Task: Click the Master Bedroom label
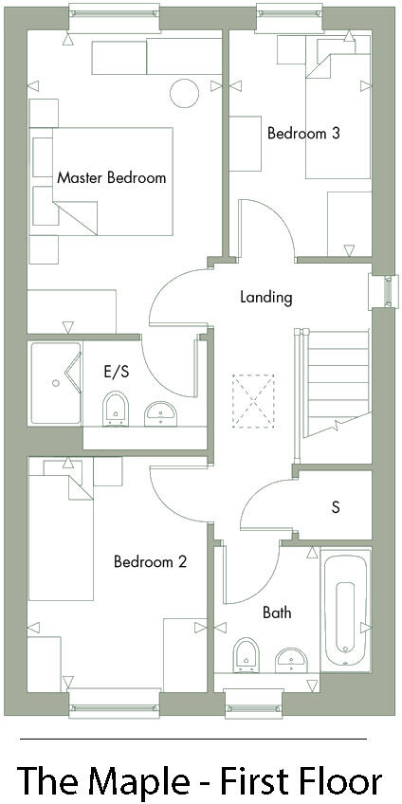click(111, 177)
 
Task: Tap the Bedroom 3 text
click(302, 134)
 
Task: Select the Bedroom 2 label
click(150, 561)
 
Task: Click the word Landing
click(265, 297)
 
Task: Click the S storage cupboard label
click(335, 507)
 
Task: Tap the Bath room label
click(277, 612)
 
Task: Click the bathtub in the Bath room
click(344, 610)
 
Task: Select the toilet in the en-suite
click(115, 409)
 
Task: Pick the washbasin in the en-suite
click(160, 412)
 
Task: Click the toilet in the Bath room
click(246, 653)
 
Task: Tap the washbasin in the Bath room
click(290, 658)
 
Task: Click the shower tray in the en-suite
click(55, 383)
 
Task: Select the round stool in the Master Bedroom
click(184, 92)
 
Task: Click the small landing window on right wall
click(384, 291)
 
